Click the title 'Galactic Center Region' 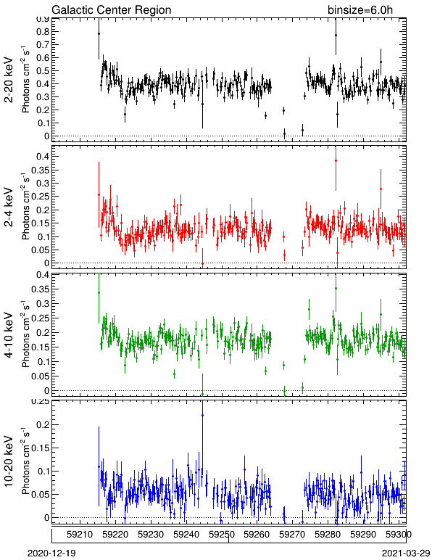coord(112,9)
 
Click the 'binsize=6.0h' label coord(360,9)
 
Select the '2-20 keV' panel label coord(9,80)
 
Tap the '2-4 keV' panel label coord(9,207)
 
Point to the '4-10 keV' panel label coord(9,335)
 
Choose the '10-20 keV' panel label coord(9,461)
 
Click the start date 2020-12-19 coord(51,553)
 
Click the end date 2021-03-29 coord(406,553)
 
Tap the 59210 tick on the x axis coord(80,535)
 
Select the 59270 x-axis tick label coord(292,535)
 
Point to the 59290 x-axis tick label coord(363,535)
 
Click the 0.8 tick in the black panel coord(42,31)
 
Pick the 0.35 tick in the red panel coord(40,170)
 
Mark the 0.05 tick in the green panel coord(40,376)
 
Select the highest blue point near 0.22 coord(203,416)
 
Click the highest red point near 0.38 coord(336,161)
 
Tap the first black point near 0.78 coord(99,34)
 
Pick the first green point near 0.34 coord(99,292)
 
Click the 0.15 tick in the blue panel coord(40,448)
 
